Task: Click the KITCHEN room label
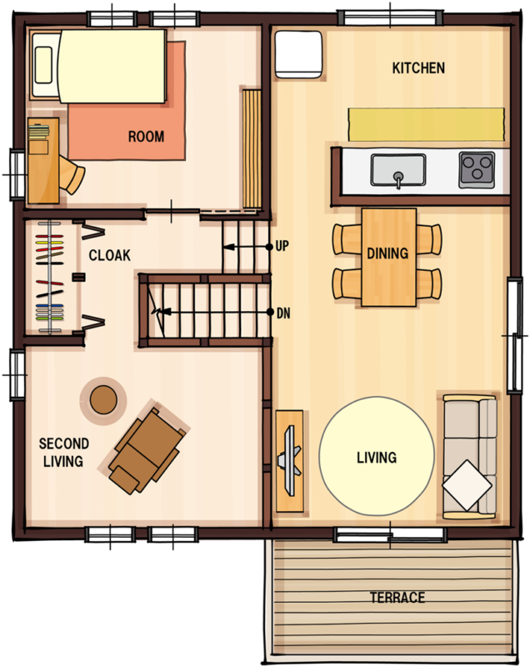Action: pyautogui.click(x=418, y=68)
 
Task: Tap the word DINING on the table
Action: pyautogui.click(x=387, y=253)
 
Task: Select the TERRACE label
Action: pyautogui.click(x=397, y=598)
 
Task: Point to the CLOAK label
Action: pyautogui.click(x=110, y=255)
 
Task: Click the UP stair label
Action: pyautogui.click(x=282, y=246)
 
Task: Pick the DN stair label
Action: pyautogui.click(x=283, y=313)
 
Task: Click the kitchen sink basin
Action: pyautogui.click(x=398, y=170)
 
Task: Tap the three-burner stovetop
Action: pyautogui.click(x=477, y=170)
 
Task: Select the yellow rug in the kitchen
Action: pyautogui.click(x=427, y=124)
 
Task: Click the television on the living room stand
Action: pyautogui.click(x=291, y=461)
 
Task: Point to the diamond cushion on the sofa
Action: pyautogui.click(x=467, y=485)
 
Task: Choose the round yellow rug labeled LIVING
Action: pyautogui.click(x=377, y=456)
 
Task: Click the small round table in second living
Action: pyautogui.click(x=103, y=400)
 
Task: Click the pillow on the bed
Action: pyautogui.click(x=43, y=65)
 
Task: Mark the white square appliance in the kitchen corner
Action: pyautogui.click(x=298, y=54)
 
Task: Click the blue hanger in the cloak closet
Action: pyautogui.click(x=50, y=306)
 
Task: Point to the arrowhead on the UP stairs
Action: pyautogui.click(x=229, y=247)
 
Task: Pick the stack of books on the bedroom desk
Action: pyautogui.click(x=38, y=132)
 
